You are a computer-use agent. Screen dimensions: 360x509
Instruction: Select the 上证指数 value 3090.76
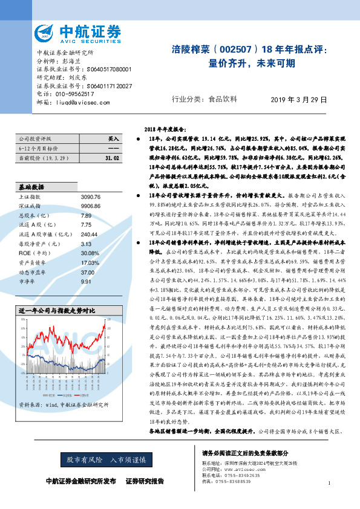pyautogui.click(x=91, y=197)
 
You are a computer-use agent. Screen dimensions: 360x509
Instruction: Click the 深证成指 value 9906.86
pyautogui.click(x=91, y=206)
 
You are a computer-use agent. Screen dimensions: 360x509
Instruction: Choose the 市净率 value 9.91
pyautogui.click(x=86, y=281)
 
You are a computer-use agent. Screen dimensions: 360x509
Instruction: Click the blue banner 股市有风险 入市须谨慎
pyautogui.click(x=116, y=460)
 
